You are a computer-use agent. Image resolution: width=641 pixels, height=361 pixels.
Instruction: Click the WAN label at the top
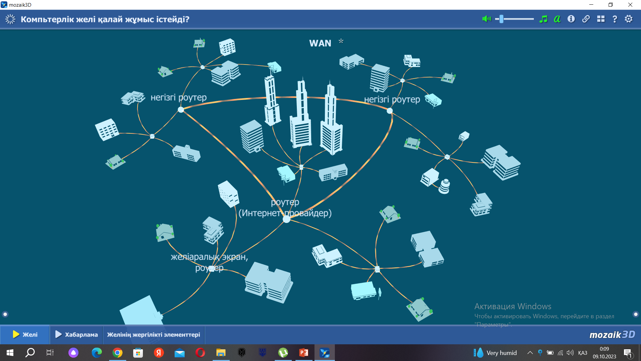[x=320, y=43]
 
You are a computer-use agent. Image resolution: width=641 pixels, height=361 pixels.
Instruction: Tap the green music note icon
[x=543, y=19]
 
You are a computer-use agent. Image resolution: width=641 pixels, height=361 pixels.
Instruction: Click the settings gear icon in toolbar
[x=629, y=19]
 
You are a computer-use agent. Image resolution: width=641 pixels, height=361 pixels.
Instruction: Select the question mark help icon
[x=615, y=19]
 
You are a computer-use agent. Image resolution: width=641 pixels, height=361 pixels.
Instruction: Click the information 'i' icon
[x=571, y=19]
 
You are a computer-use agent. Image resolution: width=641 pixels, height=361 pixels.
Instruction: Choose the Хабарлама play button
[x=76, y=335]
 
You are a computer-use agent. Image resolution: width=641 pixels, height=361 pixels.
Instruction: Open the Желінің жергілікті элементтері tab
[x=154, y=335]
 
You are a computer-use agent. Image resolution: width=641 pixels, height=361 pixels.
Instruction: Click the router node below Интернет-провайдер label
[x=286, y=219]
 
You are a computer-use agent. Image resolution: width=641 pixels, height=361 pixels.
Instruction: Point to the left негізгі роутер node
[x=181, y=110]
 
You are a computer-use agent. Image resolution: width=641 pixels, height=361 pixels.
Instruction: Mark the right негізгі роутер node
[x=390, y=111]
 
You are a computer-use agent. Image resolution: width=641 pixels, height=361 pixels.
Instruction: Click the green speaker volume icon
[x=486, y=19]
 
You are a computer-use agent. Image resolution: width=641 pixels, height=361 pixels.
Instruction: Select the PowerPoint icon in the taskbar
[x=304, y=353]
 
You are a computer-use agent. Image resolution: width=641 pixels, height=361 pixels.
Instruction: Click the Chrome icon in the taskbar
[x=118, y=353]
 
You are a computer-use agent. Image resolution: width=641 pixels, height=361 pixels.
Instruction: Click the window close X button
[x=630, y=5]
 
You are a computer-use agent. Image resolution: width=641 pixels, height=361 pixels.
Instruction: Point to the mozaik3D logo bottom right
[x=612, y=335]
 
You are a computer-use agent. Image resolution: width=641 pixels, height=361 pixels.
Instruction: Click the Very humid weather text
[x=501, y=353]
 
